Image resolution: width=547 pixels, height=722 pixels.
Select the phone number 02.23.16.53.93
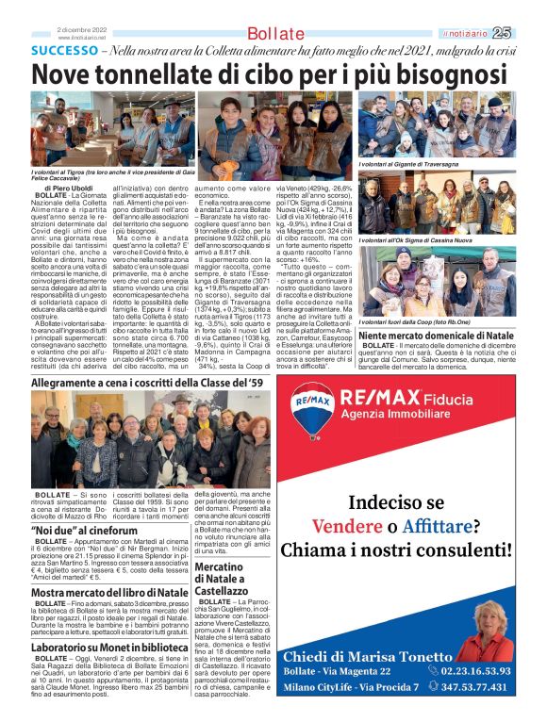coord(475,670)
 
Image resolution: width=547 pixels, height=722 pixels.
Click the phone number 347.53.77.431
coord(475,687)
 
